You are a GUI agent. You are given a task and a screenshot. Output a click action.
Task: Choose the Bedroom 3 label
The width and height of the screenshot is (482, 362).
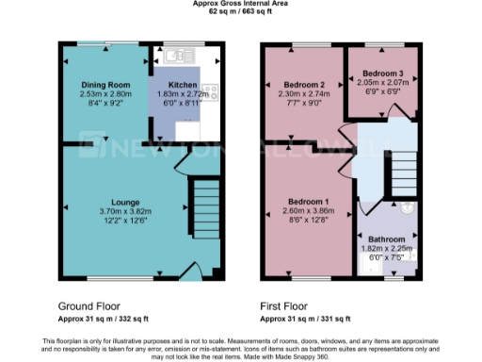click(383, 73)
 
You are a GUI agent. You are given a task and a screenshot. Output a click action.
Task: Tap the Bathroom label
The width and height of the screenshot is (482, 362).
click(386, 239)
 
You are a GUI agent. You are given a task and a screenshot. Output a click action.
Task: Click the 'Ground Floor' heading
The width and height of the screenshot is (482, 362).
click(88, 306)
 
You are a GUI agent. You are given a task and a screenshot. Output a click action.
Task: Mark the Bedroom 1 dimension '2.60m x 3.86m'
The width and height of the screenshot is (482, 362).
click(308, 214)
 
